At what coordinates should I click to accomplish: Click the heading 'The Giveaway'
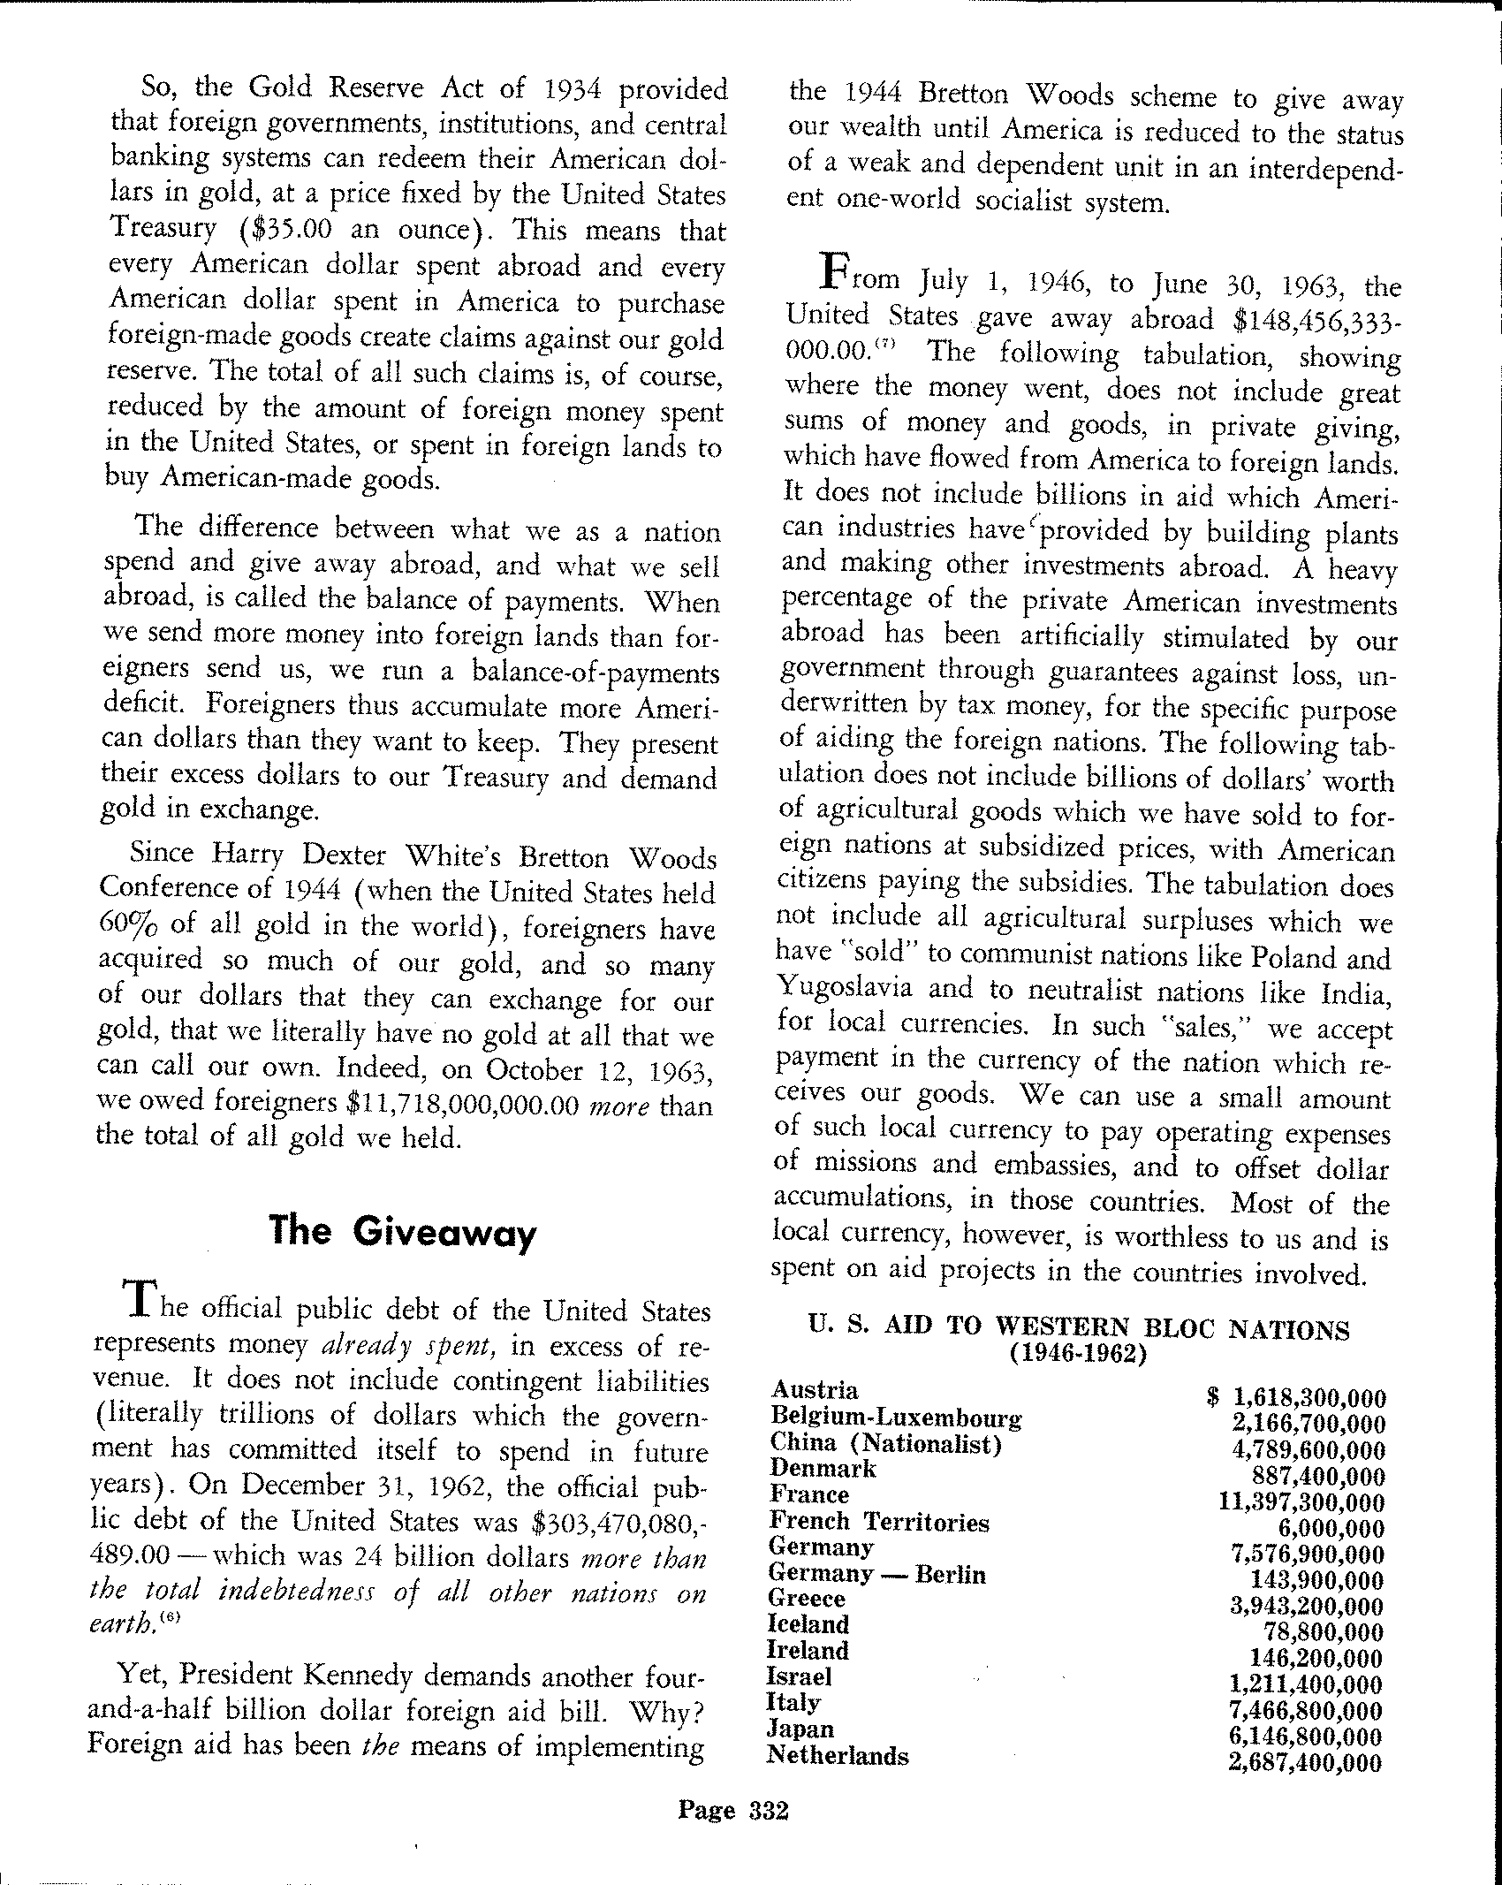coord(402,1231)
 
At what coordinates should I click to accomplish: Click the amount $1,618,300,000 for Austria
coord(1296,1398)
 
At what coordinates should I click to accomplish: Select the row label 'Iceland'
coord(808,1624)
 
